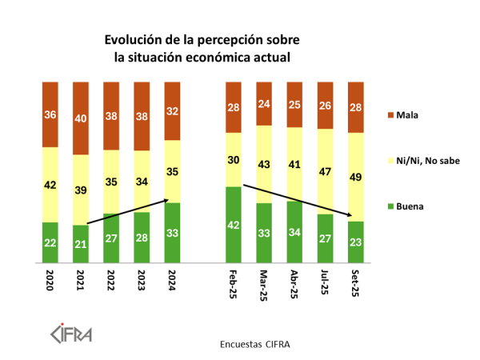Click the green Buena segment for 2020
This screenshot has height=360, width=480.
click(x=50, y=242)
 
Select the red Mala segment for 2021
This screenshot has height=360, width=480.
click(x=81, y=118)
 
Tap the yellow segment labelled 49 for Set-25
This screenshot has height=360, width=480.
click(x=356, y=177)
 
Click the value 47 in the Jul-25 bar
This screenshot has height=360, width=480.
click(x=326, y=171)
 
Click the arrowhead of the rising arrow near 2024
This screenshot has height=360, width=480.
click(x=166, y=200)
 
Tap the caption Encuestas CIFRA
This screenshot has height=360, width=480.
click(x=254, y=345)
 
